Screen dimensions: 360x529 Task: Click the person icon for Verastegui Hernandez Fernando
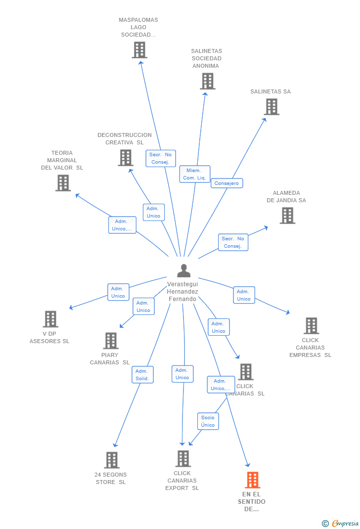pos(184,270)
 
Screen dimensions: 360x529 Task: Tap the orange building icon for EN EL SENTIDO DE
pos(253,480)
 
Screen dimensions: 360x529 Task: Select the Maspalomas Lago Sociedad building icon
pos(139,50)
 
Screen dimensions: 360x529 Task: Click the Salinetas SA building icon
pos(271,107)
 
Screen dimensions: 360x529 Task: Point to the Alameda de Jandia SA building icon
pos(287,216)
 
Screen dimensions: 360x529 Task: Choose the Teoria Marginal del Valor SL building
pos(63,183)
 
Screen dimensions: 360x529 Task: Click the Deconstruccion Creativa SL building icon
pos(126,158)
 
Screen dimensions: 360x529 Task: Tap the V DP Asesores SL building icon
pos(50,319)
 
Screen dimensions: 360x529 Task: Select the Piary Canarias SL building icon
pos(111,341)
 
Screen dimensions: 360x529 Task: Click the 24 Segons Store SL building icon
pos(112,460)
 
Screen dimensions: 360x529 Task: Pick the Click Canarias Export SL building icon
pos(183,458)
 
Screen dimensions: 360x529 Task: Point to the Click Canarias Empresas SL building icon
pos(312,326)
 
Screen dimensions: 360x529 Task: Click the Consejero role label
pos(226,183)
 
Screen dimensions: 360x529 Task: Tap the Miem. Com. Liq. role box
pos(195,174)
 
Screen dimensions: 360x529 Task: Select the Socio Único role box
pos(208,421)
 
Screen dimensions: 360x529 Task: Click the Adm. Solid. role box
pos(142,375)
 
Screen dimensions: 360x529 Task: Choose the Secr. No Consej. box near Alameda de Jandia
pos(233,242)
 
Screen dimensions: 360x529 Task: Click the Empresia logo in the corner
pos(340,523)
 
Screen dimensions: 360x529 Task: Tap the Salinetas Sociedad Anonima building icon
pos(208,81)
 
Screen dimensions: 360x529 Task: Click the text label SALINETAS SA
pos(270,91)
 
